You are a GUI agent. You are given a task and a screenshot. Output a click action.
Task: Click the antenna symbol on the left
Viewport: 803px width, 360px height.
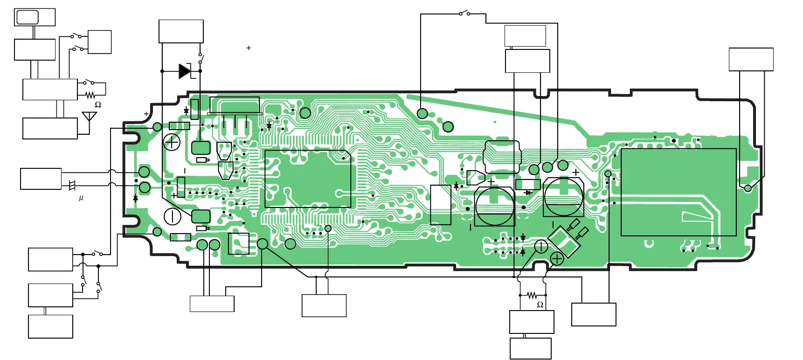coord(89,117)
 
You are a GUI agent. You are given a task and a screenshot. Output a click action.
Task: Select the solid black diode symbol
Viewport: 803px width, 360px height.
coord(185,71)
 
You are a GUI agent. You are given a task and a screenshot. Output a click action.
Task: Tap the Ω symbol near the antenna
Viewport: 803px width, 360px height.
coord(98,104)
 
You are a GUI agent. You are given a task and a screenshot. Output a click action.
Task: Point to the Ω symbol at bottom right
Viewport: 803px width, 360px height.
coord(540,305)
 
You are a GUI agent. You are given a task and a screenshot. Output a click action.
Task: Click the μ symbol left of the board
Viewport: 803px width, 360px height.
coord(81,198)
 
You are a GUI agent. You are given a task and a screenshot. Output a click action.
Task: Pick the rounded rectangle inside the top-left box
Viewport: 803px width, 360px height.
coord(27,17)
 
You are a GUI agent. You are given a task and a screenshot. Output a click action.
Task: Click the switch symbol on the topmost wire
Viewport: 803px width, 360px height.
coord(464,13)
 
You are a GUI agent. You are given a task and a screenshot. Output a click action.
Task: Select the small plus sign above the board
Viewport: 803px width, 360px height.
coord(249,48)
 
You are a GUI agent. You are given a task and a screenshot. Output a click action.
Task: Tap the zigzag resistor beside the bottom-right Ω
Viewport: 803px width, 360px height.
coord(532,295)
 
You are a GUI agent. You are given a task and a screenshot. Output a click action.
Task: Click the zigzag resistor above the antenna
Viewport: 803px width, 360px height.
coord(90,96)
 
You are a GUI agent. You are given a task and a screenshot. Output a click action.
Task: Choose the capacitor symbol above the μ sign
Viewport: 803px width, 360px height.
coord(72,186)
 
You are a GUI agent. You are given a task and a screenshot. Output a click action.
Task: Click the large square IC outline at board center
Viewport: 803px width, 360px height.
coord(308,179)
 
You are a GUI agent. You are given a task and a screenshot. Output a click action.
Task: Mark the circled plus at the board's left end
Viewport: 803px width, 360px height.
coord(172,142)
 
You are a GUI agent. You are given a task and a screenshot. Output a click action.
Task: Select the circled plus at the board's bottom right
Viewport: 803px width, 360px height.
coord(557,258)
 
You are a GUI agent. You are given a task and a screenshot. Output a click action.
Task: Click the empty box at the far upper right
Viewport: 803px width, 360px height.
coord(751,59)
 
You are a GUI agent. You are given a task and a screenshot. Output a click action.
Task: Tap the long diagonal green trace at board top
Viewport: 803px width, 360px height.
coord(490,110)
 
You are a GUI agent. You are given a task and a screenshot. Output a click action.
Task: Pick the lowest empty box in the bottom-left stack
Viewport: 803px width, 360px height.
coord(50,326)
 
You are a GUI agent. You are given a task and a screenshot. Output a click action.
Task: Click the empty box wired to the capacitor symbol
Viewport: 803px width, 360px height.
coord(41,179)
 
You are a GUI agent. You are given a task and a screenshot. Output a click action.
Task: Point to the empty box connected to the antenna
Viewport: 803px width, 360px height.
coord(50,128)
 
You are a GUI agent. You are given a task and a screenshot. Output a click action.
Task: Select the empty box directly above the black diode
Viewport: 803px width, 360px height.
coord(181,31)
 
